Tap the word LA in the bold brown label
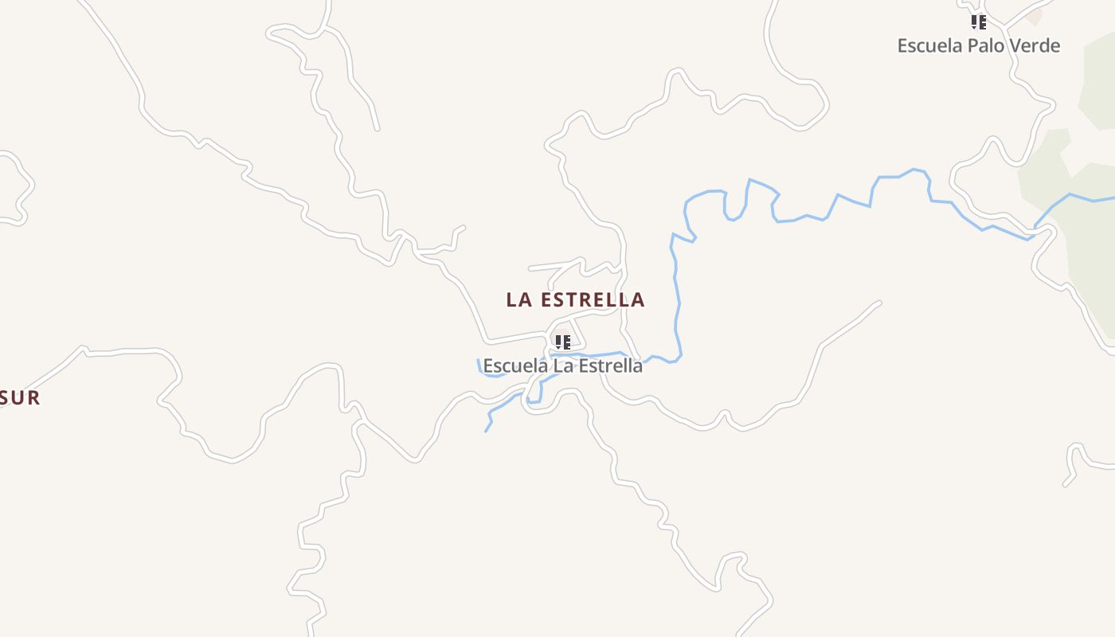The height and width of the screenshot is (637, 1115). tap(519, 300)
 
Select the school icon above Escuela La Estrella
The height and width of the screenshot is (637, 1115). tap(563, 342)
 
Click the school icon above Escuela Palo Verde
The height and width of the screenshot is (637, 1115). tap(978, 22)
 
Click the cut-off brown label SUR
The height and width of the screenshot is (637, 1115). tap(19, 398)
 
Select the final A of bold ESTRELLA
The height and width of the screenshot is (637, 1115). tap(637, 300)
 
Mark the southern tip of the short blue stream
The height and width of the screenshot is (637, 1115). tap(486, 431)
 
